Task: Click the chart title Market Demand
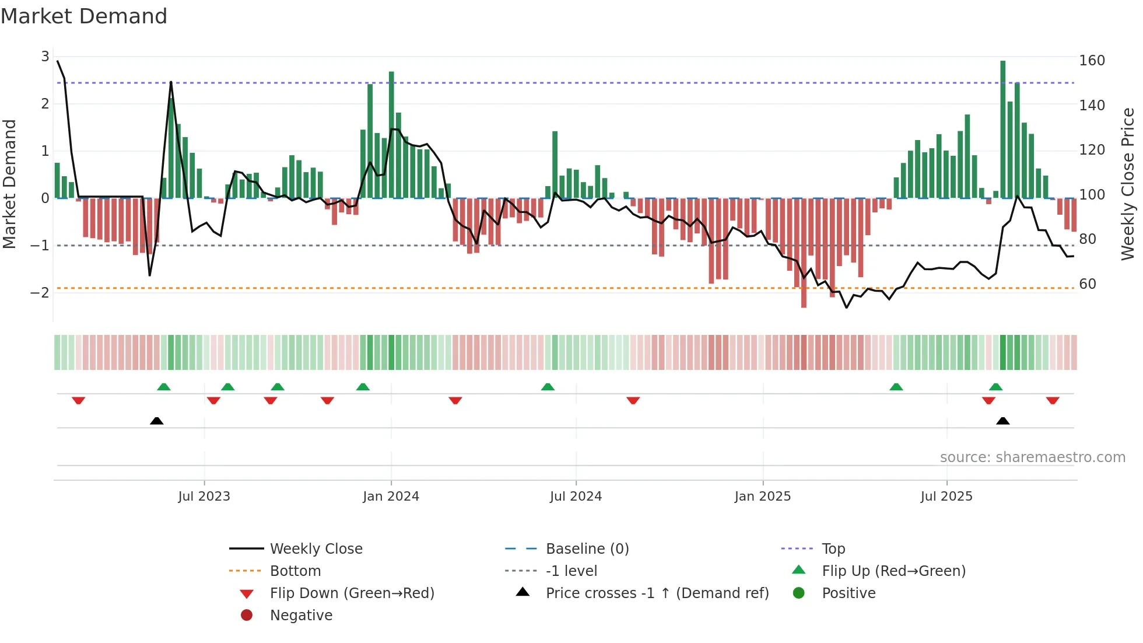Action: point(84,16)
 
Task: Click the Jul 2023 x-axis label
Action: point(204,497)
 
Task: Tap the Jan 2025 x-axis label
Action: point(762,497)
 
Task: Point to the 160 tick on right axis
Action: point(1092,61)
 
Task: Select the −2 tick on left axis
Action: point(40,292)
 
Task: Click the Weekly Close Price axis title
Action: point(1128,184)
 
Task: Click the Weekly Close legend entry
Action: point(315,549)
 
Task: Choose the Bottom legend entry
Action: point(295,571)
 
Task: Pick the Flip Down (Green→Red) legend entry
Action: point(352,593)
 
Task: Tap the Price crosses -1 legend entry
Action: point(657,593)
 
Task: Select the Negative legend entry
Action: point(301,616)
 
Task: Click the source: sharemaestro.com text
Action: point(1032,457)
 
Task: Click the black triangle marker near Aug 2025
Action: point(1002,421)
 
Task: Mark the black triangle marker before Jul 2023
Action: point(156,421)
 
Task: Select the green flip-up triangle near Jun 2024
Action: point(548,387)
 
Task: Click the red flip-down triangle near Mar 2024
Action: point(455,400)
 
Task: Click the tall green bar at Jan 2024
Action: point(391,134)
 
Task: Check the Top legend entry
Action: point(833,549)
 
